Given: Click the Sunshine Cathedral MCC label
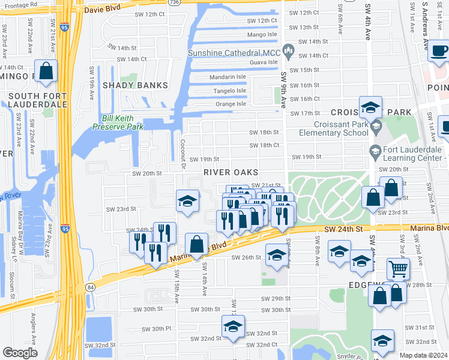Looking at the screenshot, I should pyautogui.click(x=234, y=53).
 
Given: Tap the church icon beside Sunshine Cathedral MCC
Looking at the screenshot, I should pyautogui.click(x=289, y=52).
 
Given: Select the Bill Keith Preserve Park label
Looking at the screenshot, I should pyautogui.click(x=118, y=122).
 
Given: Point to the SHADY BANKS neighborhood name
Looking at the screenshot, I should pyautogui.click(x=135, y=85).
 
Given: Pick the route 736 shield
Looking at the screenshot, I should pyautogui.click(x=173, y=4).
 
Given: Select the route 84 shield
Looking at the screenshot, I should pyautogui.click(x=90, y=287).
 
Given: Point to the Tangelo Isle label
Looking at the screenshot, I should pyautogui.click(x=231, y=91).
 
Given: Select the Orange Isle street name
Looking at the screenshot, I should pyautogui.click(x=231, y=104).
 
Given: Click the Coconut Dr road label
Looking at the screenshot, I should pyautogui.click(x=182, y=154).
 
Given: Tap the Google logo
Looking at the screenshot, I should pyautogui.click(x=20, y=353).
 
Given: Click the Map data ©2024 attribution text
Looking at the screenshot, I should pyautogui.click(x=423, y=356).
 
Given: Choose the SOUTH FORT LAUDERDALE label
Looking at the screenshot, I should pyautogui.click(x=37, y=100).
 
